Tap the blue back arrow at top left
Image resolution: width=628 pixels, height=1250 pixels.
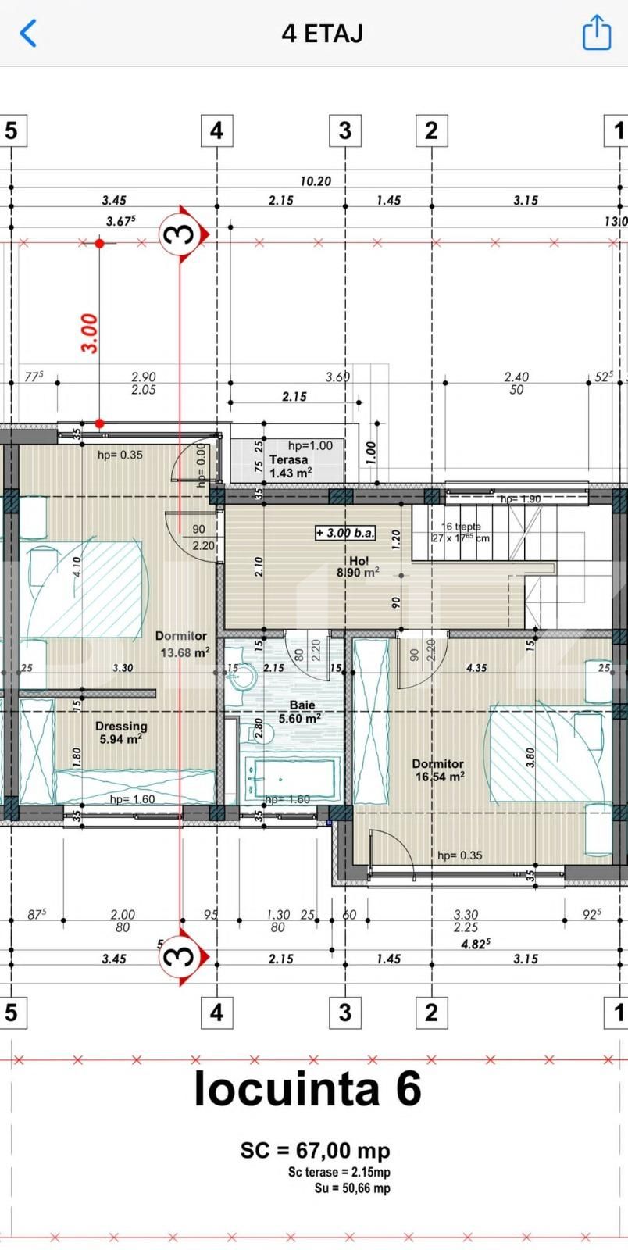[x=28, y=34]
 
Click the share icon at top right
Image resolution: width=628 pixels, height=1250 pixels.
[x=597, y=33]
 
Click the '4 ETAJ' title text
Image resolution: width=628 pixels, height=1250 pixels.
[x=322, y=34]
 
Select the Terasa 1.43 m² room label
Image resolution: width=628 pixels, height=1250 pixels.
[x=290, y=466]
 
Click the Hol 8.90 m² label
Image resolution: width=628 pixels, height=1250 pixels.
[x=358, y=566]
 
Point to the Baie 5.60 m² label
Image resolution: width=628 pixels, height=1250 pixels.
[x=301, y=712]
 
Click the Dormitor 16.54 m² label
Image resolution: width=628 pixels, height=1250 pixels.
[x=438, y=770]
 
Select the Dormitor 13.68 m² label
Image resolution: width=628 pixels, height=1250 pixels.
[x=182, y=645]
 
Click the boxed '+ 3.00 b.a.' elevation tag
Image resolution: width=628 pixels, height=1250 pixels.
[x=345, y=534]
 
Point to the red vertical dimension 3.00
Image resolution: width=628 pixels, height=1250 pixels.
[x=91, y=333]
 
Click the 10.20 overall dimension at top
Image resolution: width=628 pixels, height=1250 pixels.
[x=315, y=181]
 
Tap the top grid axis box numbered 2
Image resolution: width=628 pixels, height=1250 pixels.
[x=431, y=130]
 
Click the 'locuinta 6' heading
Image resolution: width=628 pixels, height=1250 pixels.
[x=307, y=1088]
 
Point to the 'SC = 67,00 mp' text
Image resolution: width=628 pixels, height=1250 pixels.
[x=315, y=1150]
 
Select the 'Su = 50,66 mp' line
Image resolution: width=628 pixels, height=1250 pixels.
[x=351, y=1188]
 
